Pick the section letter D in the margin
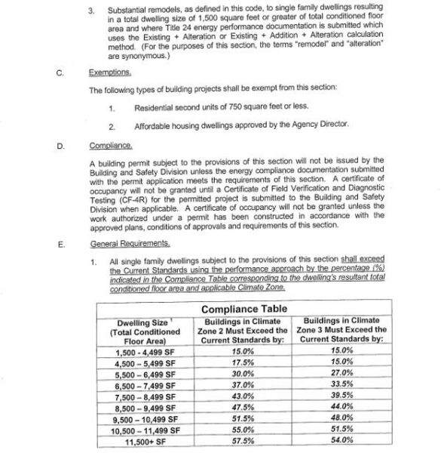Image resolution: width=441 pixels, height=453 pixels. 60,144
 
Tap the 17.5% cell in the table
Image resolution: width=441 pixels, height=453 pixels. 243,362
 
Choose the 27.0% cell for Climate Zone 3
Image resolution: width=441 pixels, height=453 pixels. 343,374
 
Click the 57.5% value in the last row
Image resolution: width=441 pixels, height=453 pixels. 243,441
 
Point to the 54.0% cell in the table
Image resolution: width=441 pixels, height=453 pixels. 343,441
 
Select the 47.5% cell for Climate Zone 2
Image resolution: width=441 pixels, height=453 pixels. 243,408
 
